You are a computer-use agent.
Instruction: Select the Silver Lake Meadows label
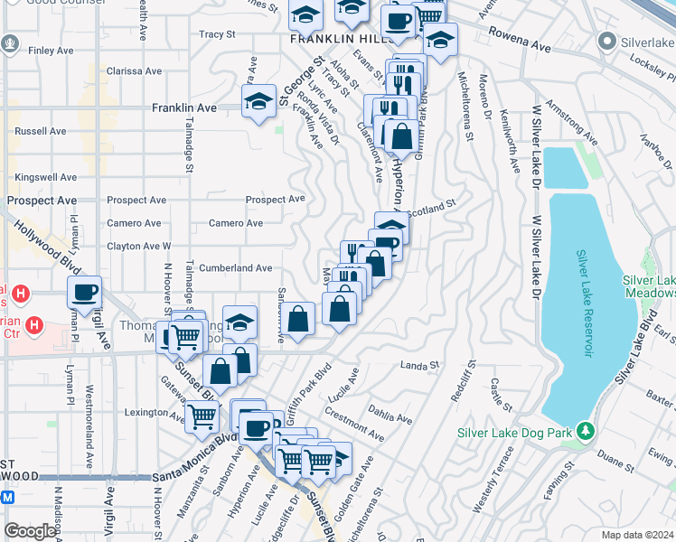pyautogui.click(x=649, y=287)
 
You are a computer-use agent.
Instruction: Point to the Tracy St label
pyautogui.click(x=217, y=34)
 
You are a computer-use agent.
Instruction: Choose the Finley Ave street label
pyautogui.click(x=43, y=51)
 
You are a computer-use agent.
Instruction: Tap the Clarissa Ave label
pyautogui.click(x=134, y=71)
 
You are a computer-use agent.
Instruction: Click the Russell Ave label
pyautogui.click(x=41, y=131)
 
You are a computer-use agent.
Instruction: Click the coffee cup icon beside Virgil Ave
pyautogui.click(x=84, y=292)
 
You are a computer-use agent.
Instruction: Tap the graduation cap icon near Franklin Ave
pyautogui.click(x=258, y=101)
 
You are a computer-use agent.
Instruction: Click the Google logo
pyautogui.click(x=31, y=531)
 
